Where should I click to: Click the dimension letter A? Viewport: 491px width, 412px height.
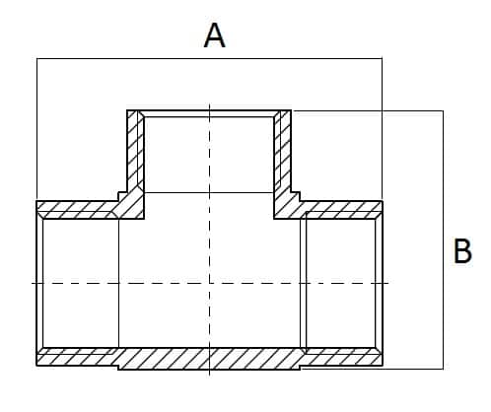click(215, 35)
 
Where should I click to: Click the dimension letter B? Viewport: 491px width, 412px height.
click(462, 250)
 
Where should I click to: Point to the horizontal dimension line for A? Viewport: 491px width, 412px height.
click(209, 59)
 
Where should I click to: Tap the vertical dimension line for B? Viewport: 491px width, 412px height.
click(443, 240)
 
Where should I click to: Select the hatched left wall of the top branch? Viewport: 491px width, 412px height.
click(135, 155)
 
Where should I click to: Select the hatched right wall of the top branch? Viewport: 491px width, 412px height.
click(282, 155)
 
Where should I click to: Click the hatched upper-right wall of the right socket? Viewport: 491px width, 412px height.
click(342, 210)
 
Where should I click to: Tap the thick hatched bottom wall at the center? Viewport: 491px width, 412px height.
click(209, 359)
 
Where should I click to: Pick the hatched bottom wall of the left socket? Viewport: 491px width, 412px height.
click(77, 357)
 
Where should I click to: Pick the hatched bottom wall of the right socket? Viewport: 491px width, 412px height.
click(342, 357)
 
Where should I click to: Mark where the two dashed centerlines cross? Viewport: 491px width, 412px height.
click(209, 283)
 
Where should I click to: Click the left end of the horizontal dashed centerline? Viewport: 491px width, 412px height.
click(32, 283)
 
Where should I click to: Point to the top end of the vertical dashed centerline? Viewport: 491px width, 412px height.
click(209, 104)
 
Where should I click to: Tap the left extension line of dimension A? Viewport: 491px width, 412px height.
click(36, 129)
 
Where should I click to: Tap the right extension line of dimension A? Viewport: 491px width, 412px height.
click(382, 129)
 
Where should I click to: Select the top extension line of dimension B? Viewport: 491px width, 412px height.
click(368, 111)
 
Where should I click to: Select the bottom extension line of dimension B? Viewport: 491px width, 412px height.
click(373, 369)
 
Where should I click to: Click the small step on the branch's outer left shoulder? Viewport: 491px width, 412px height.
click(122, 196)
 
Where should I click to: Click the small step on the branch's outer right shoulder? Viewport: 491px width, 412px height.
click(296, 196)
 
